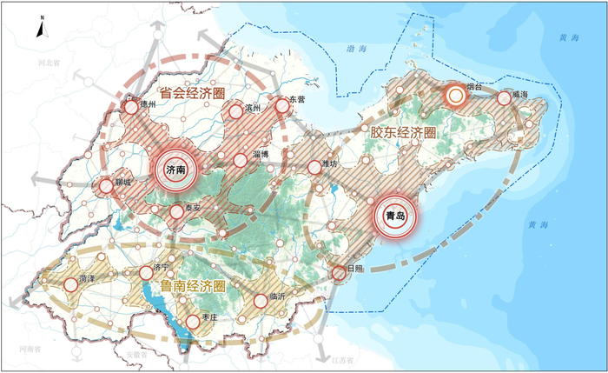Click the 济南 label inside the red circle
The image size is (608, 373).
[x=175, y=171]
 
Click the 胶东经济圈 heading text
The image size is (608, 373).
[x=402, y=131]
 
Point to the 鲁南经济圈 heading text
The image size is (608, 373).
[x=191, y=286]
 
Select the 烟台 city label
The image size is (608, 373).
[x=474, y=87]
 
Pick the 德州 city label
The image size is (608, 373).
[x=146, y=103]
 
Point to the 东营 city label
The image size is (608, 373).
[x=298, y=100]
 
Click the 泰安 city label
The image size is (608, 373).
[x=192, y=208]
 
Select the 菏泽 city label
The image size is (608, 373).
[x=86, y=277]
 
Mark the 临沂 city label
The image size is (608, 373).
[x=278, y=296]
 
